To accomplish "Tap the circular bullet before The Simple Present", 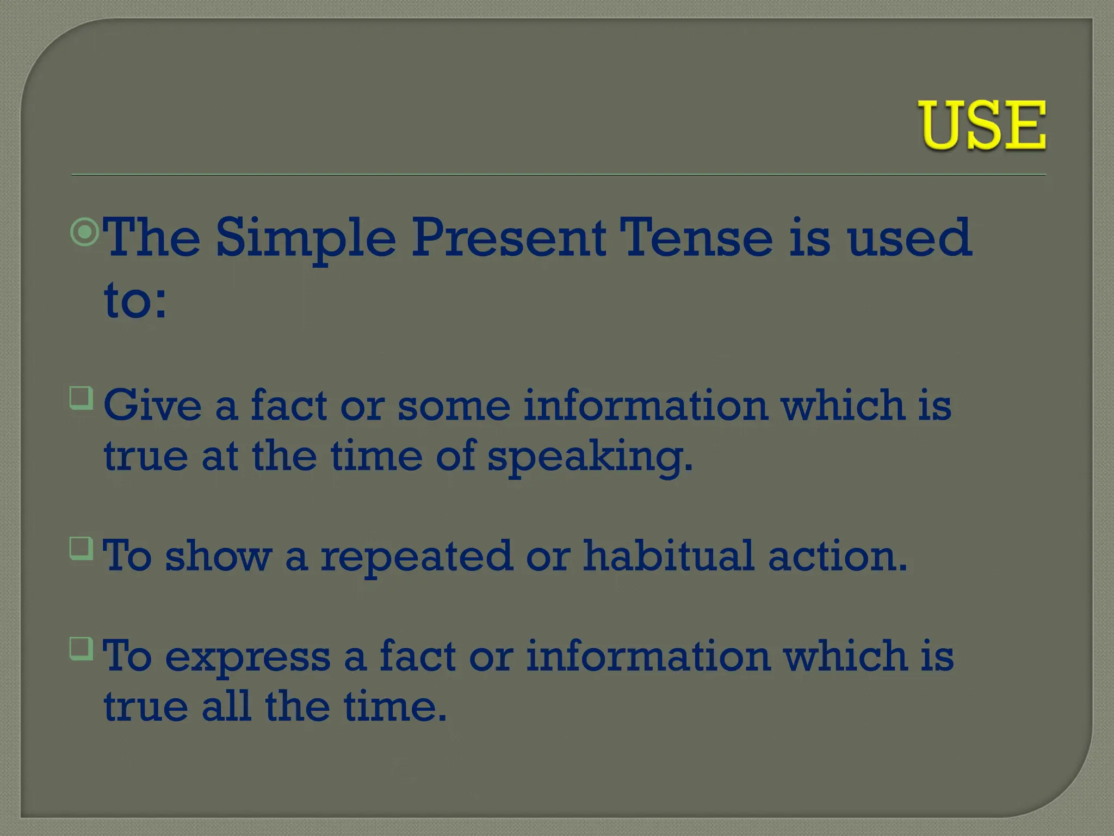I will coord(85,232).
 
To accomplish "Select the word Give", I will coord(153,405).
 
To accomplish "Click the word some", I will coord(454,405).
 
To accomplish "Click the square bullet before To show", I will coord(81,548).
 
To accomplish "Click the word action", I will coord(838,556).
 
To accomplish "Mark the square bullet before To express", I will coord(81,648).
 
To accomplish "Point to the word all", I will coord(226,706).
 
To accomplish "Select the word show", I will coord(218,556).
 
